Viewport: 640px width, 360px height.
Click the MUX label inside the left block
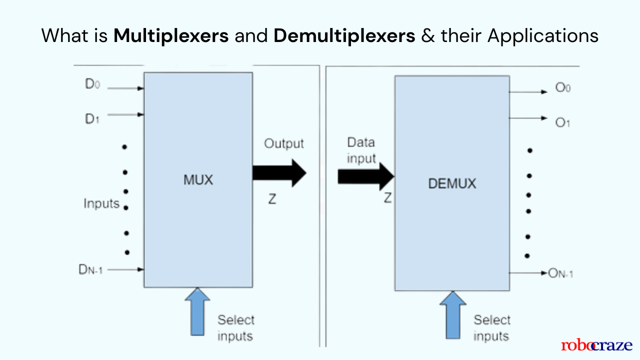point(197,180)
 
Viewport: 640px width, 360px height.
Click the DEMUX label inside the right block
point(452,183)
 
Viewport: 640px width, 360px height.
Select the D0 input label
point(93,84)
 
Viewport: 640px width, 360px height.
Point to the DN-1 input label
point(90,270)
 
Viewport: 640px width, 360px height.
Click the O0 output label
point(562,88)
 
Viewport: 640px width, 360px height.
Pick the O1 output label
point(562,122)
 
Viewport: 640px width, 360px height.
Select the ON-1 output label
point(560,273)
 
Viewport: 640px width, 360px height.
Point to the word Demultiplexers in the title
point(344,35)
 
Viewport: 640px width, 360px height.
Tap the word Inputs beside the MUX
point(101,204)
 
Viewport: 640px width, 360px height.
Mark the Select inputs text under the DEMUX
point(492,328)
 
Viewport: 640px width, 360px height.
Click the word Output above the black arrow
point(283,144)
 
